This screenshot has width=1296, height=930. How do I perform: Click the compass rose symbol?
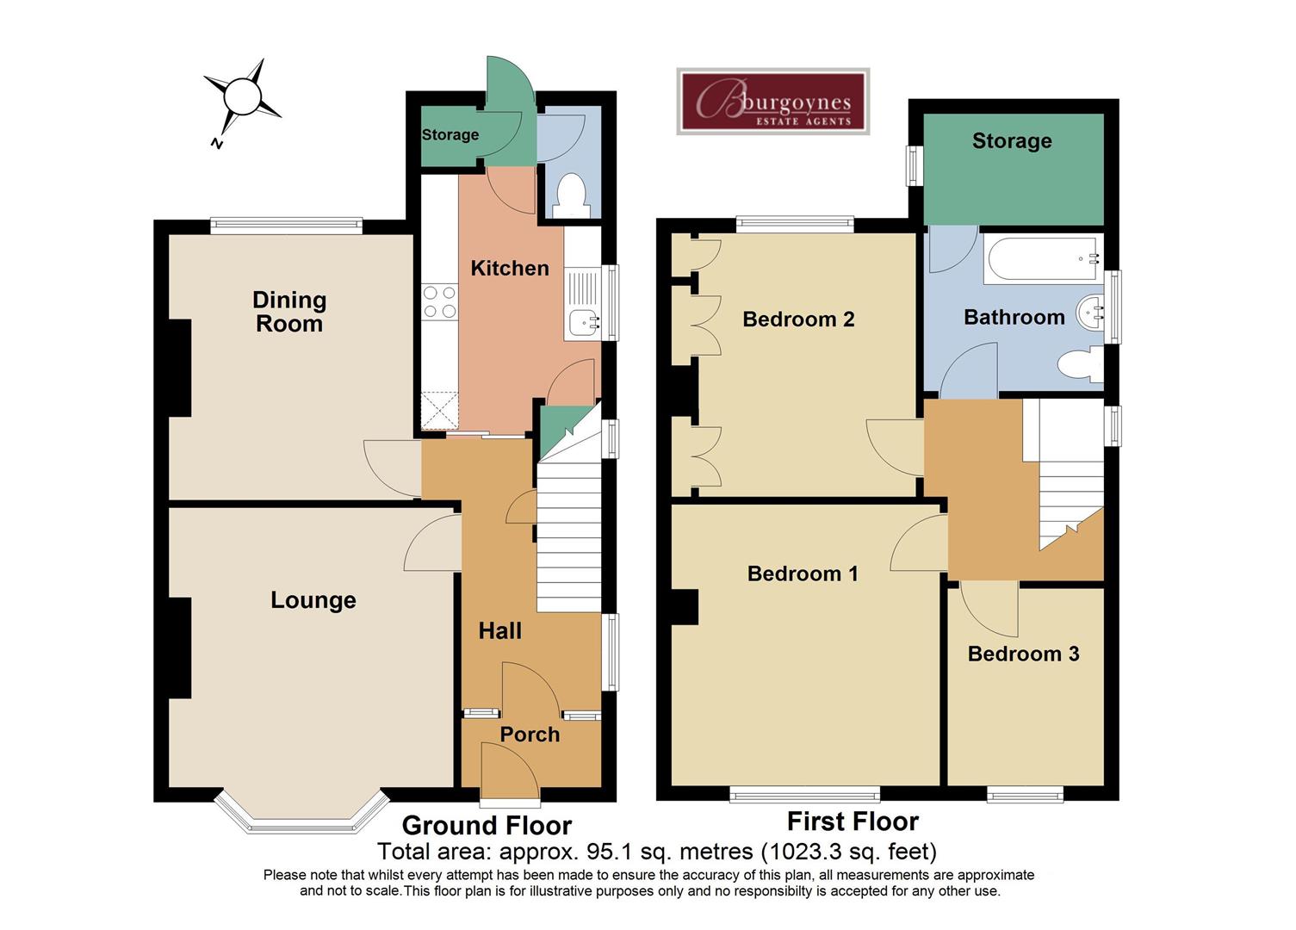(242, 96)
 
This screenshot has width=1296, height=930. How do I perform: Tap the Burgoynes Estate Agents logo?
(772, 102)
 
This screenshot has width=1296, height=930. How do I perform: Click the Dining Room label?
(289, 312)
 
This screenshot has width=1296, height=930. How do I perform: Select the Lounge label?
(313, 600)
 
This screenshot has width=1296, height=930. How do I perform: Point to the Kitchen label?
(510, 268)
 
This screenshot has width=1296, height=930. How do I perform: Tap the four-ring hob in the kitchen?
(439, 302)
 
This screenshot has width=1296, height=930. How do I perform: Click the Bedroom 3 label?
(1023, 654)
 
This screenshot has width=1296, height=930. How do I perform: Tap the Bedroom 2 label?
(798, 319)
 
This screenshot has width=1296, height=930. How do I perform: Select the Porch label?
(530, 735)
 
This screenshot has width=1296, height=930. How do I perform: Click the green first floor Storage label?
(1012, 141)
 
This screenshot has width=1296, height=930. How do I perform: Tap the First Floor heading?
(853, 821)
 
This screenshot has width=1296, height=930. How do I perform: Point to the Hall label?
(500, 631)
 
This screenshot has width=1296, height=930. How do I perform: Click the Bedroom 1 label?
(803, 573)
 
